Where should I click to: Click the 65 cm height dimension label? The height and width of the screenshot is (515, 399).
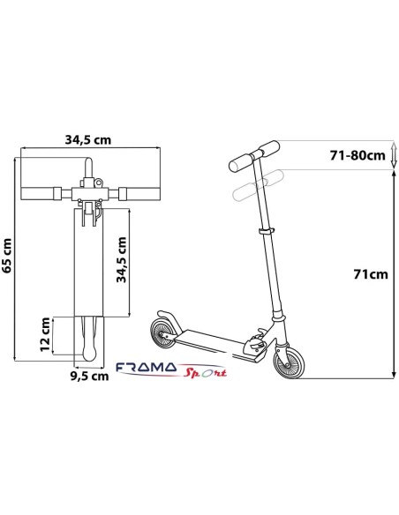[x=7, y=256]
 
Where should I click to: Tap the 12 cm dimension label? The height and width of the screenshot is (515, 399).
[x=45, y=334]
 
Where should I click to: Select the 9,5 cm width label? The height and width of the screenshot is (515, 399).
[x=89, y=376]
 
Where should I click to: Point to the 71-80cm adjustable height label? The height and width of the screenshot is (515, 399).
[x=358, y=155]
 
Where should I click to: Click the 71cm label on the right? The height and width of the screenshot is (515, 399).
[x=371, y=274]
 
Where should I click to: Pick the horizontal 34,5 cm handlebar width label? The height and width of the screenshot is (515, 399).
[x=88, y=140]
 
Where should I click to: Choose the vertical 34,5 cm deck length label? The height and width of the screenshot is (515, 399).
[x=122, y=259]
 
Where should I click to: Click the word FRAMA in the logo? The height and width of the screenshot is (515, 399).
[x=147, y=367]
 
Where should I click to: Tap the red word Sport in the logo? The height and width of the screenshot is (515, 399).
[x=205, y=373]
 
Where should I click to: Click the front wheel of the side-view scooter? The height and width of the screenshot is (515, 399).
[x=290, y=361]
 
